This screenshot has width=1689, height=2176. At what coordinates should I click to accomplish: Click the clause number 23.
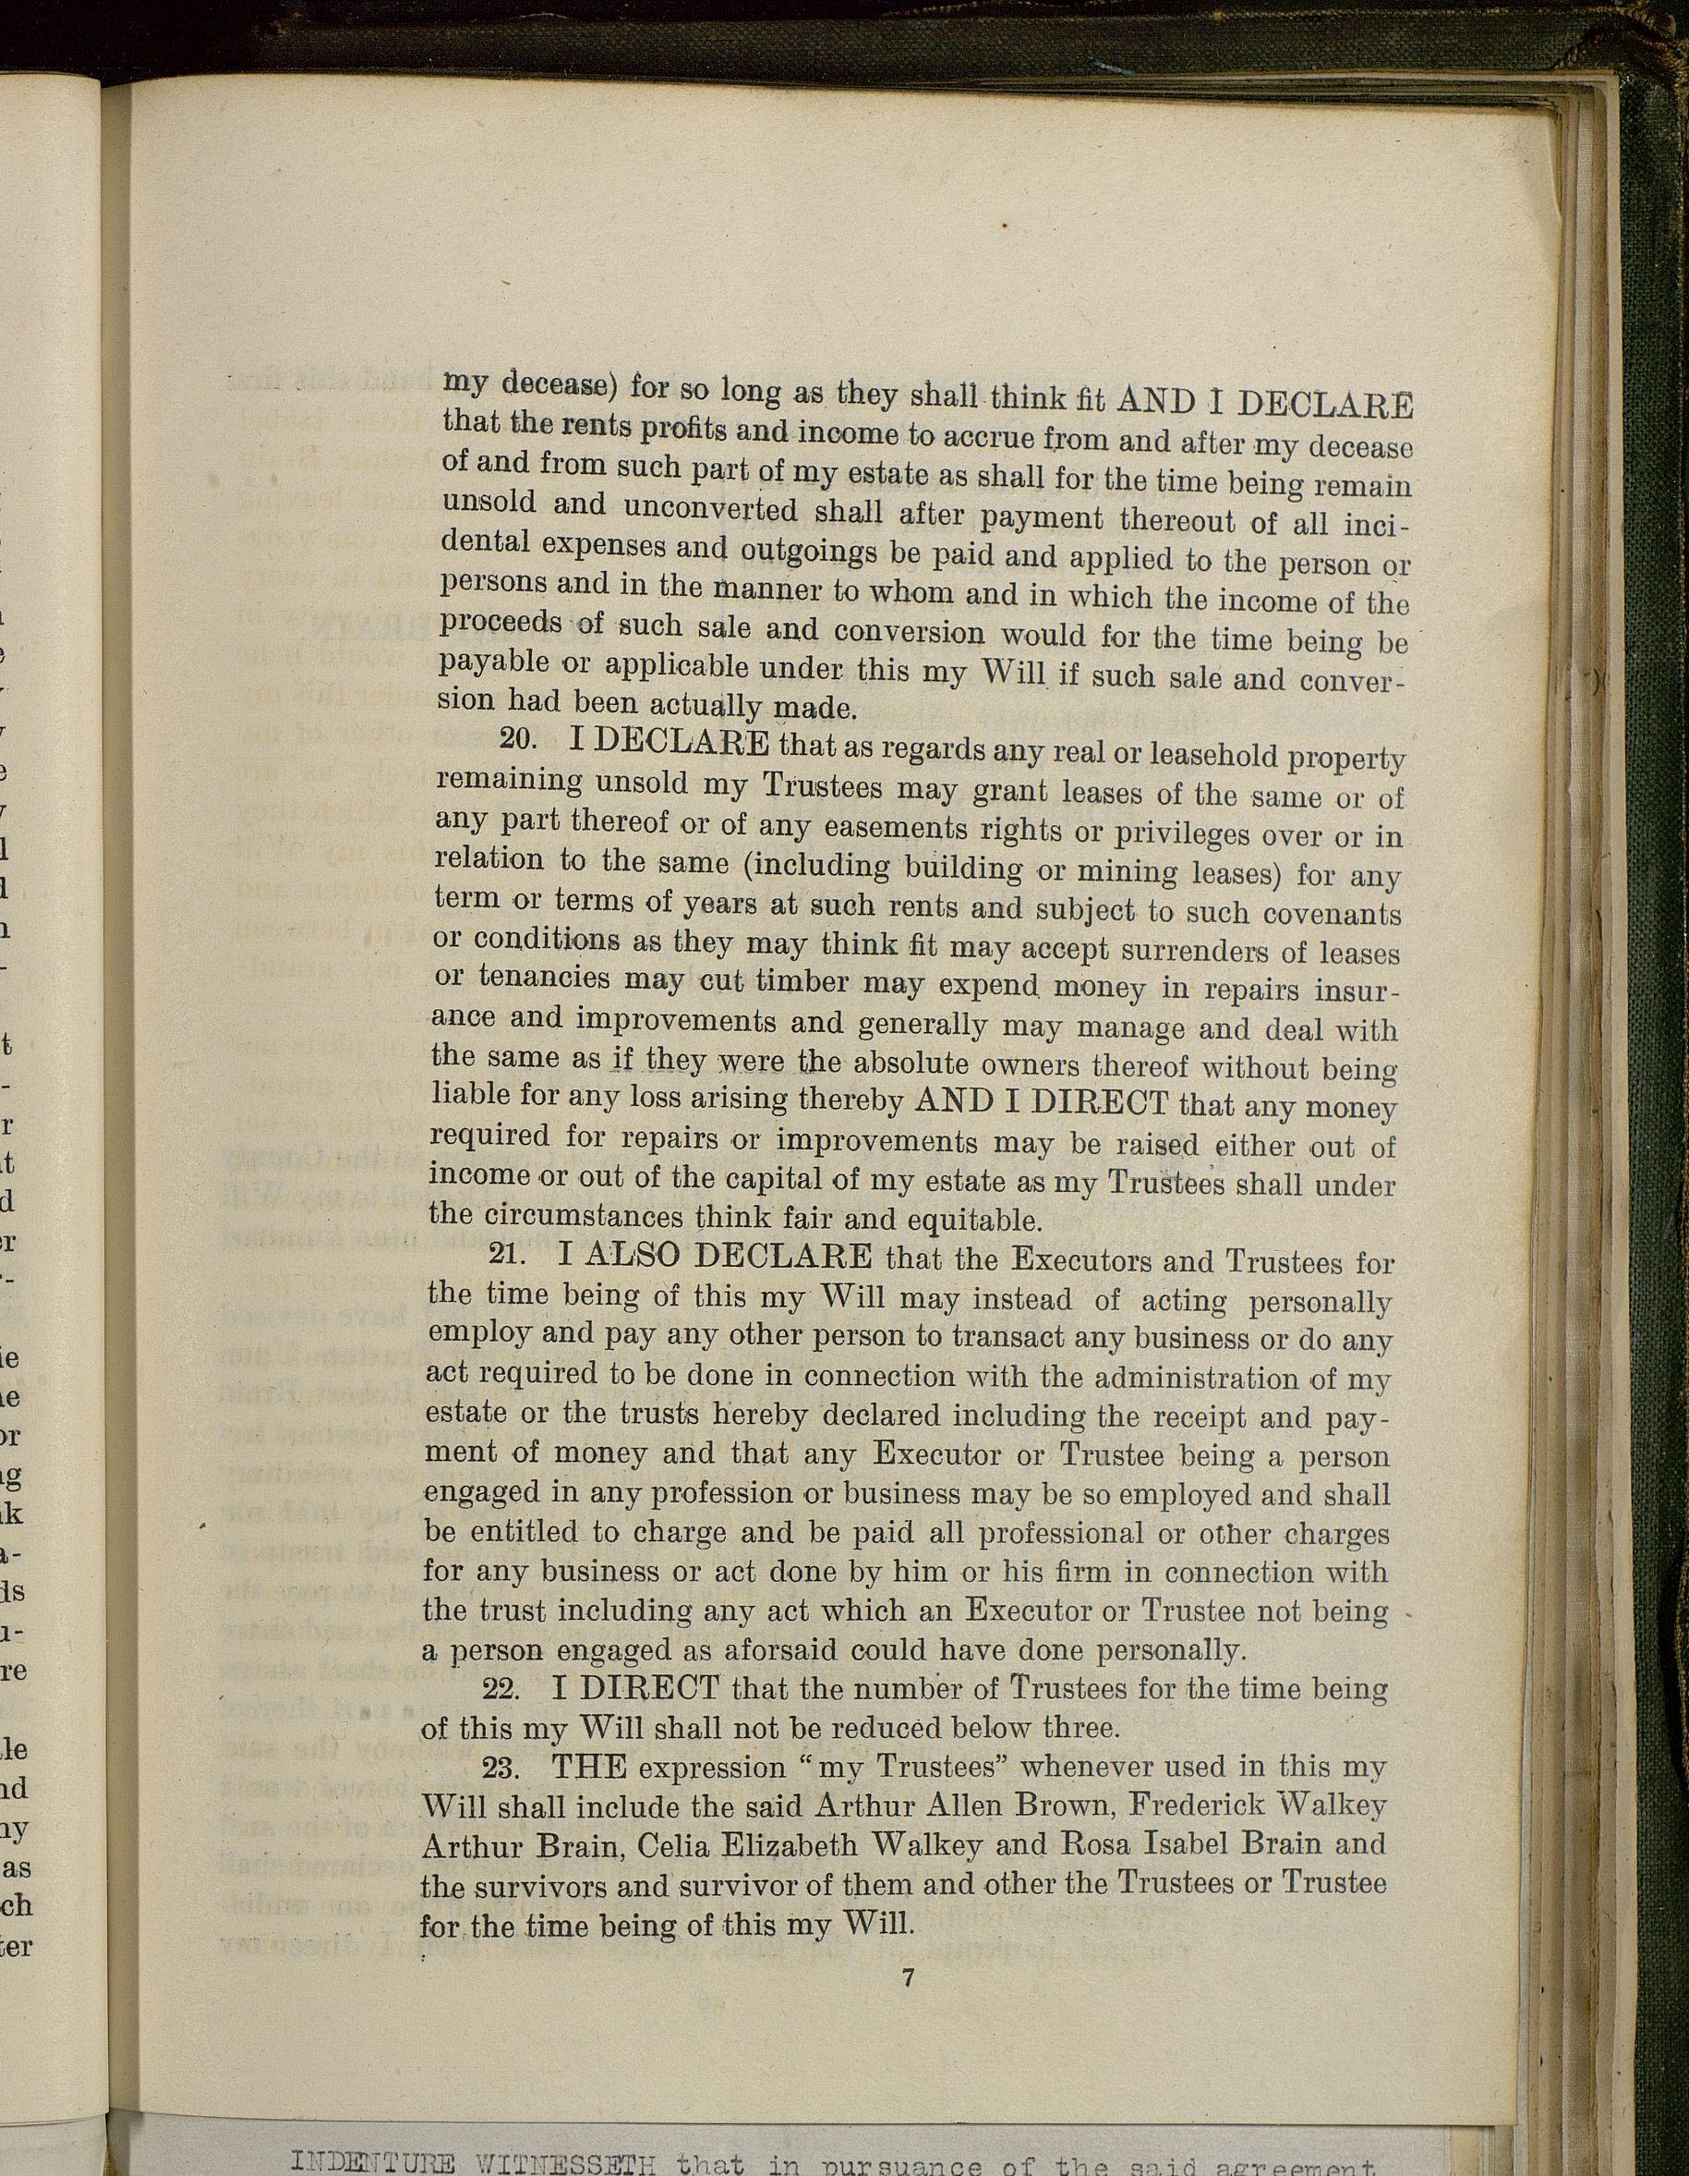pyautogui.click(x=502, y=1768)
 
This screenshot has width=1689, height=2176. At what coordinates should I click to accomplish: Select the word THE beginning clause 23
pyautogui.click(x=588, y=1768)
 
